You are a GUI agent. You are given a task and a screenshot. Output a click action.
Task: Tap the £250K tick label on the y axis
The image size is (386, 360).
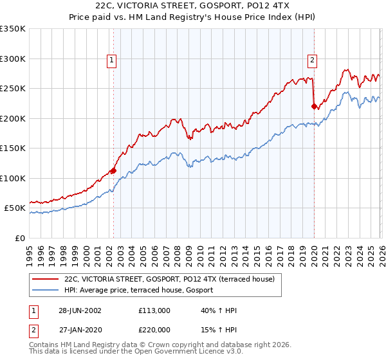[13, 89]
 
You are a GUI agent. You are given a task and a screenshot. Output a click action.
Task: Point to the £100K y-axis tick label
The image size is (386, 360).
[13, 178]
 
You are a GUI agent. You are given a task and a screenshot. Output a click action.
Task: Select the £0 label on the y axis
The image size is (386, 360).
[19, 238]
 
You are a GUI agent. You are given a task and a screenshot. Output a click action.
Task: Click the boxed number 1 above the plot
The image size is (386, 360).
[112, 60]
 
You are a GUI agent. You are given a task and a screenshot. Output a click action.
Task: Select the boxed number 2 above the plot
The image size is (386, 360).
[313, 60]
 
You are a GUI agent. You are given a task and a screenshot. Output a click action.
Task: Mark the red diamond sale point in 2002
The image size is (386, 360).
[113, 170]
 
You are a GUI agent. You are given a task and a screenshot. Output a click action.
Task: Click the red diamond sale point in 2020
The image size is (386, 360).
[314, 107]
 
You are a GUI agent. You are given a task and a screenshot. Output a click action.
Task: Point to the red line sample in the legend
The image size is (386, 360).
[46, 280]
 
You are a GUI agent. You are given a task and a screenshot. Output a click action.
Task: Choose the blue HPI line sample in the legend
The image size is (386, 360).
[46, 291]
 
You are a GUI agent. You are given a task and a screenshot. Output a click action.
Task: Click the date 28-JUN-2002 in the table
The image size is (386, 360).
[79, 310]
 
